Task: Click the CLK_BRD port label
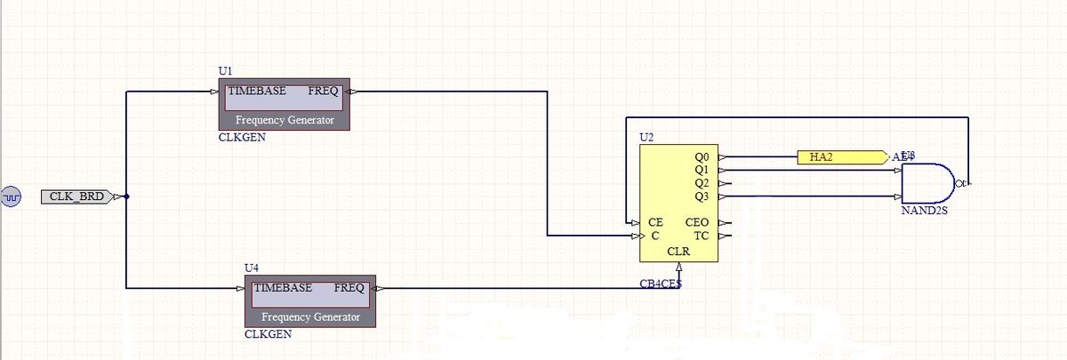(76, 196)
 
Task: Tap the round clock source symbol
(12, 196)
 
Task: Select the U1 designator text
(225, 70)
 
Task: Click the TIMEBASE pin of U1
(257, 92)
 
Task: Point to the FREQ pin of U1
(322, 92)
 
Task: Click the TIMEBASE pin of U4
(283, 288)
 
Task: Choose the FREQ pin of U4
(348, 288)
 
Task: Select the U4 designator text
(251, 268)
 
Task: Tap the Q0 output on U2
(701, 157)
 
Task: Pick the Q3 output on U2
(701, 196)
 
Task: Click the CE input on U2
(655, 221)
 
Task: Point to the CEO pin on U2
(697, 221)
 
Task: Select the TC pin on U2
(701, 236)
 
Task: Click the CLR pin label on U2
(678, 252)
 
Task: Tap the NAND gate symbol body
(925, 183)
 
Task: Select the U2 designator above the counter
(646, 138)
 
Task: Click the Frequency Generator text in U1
(285, 120)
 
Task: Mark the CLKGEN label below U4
(268, 334)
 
